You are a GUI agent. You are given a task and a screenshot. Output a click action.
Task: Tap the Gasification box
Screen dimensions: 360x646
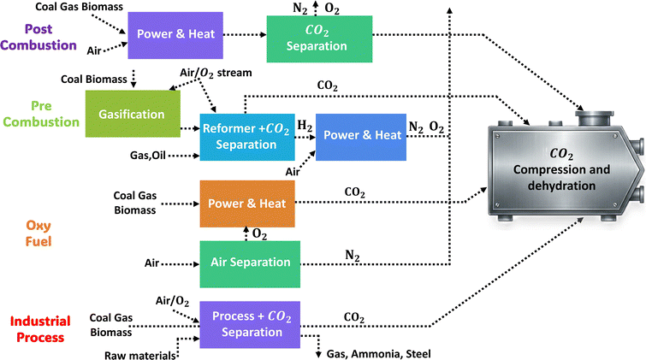pyautogui.click(x=132, y=114)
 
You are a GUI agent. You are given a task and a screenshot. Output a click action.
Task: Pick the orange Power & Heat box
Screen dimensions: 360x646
pyautogui.click(x=246, y=204)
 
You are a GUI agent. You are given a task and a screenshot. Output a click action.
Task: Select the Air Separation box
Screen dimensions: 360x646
pyautogui.click(x=249, y=263)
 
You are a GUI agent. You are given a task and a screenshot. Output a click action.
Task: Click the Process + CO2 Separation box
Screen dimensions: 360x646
pyautogui.click(x=249, y=323)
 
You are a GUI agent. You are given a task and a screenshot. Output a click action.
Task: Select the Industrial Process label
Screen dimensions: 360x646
pyautogui.click(x=37, y=329)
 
